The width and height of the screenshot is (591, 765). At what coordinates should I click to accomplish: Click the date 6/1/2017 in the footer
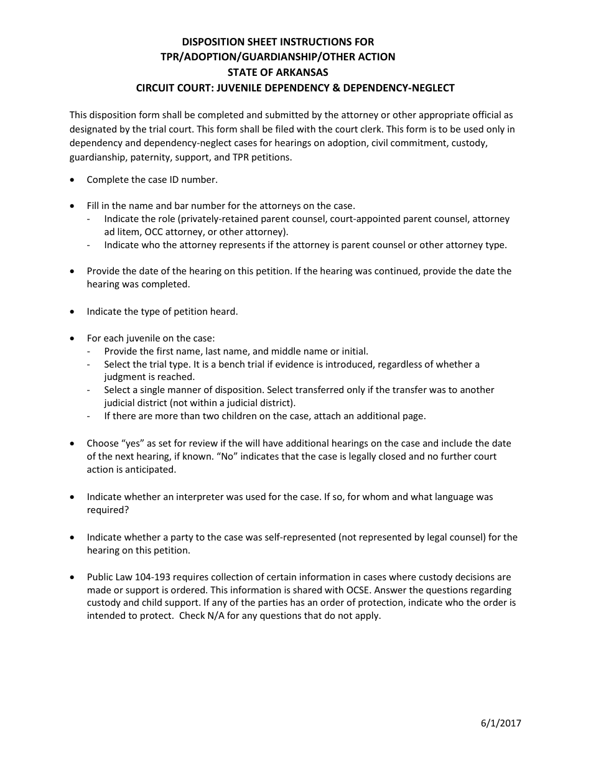click(501, 723)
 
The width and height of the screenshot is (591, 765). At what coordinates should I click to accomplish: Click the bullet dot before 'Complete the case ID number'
click(73, 180)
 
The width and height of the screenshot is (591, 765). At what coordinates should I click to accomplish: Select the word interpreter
click(202, 497)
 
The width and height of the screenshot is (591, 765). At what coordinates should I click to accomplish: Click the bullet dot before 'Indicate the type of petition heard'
click(73, 312)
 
